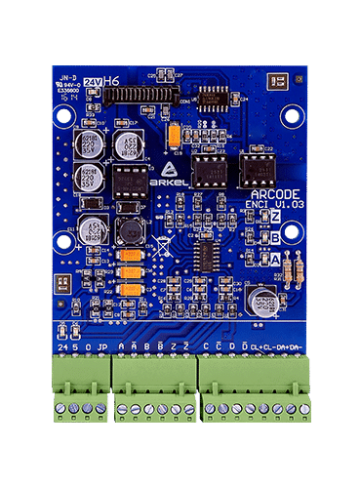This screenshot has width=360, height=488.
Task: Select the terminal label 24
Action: pyautogui.click(x=63, y=346)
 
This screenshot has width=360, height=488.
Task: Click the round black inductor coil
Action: pyautogui.click(x=128, y=232)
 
